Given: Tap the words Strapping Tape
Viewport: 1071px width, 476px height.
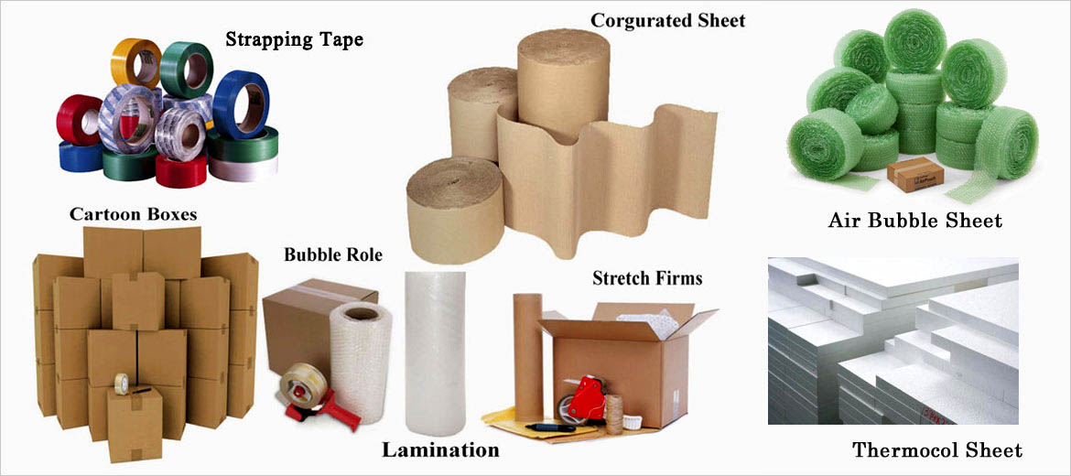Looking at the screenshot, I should [294, 39].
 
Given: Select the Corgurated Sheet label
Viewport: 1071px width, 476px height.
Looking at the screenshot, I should [667, 19].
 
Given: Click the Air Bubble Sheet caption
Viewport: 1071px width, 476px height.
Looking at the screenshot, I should [914, 221].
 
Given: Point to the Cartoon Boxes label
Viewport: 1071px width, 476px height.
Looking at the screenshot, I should [133, 213].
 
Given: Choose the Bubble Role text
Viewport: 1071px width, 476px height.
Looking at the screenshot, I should [332, 254].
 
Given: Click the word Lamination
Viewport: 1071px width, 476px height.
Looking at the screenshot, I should [440, 449].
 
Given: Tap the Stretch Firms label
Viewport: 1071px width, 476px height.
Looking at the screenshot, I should [647, 277].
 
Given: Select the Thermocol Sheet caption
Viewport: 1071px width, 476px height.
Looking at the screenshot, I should [937, 449].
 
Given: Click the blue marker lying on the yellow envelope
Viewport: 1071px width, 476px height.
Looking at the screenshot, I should [550, 427].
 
